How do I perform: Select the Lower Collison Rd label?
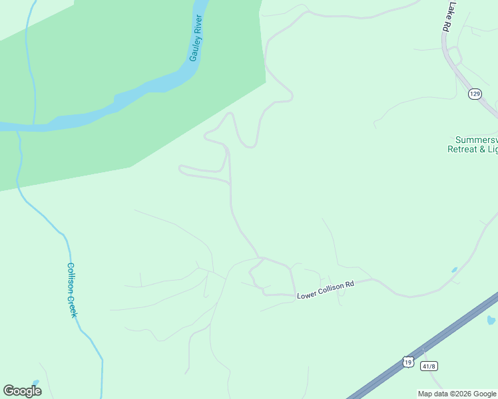[x=325, y=289]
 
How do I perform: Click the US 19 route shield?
[x=407, y=361]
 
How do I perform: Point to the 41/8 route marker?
[x=429, y=366]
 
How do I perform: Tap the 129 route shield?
[x=474, y=94]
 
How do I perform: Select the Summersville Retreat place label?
[x=475, y=144]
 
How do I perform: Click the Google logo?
[x=22, y=391]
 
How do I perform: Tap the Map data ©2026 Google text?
[x=457, y=394]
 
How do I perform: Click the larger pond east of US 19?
[x=491, y=321]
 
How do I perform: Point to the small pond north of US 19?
[x=454, y=270]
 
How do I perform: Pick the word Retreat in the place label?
[x=465, y=149]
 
